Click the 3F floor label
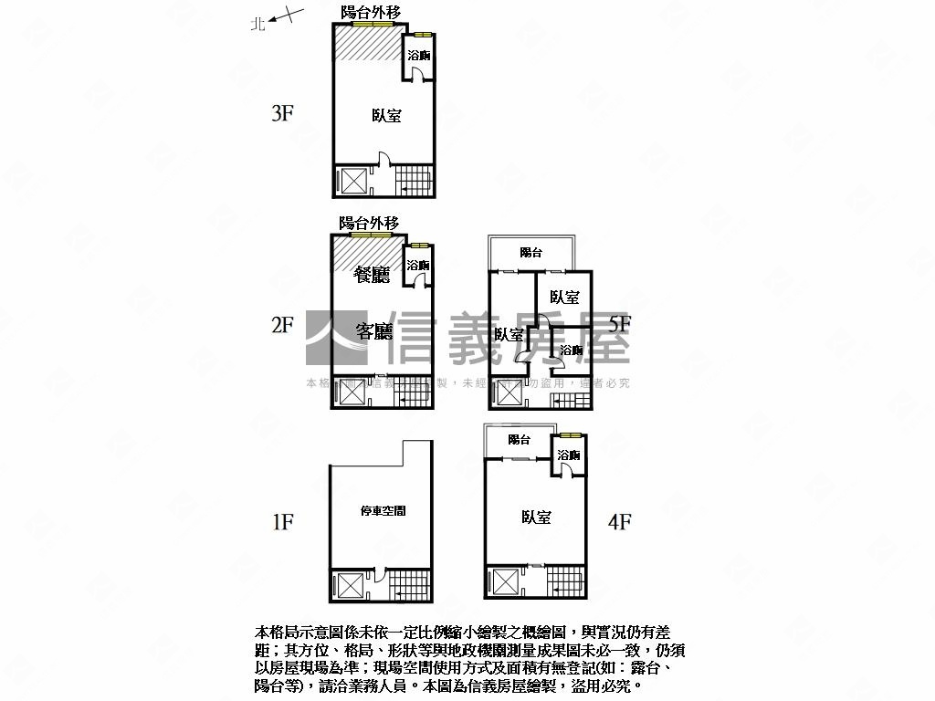coord(282,114)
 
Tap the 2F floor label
coord(282,324)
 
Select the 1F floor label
coord(282,522)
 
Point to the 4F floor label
coord(620,522)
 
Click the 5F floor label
coord(620,323)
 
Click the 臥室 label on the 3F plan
coord(386,116)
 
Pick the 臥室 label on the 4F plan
coord(536,518)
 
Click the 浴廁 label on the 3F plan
coord(419,57)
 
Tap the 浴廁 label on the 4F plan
coord(569,455)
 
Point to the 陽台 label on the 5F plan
coord(531,253)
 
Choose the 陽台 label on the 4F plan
coord(520,440)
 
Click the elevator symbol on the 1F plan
coord(351,585)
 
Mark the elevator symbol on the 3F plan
coord(351,180)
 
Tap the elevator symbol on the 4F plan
coord(504,581)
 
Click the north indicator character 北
coord(258,26)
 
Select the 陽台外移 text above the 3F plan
coord(369,12)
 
